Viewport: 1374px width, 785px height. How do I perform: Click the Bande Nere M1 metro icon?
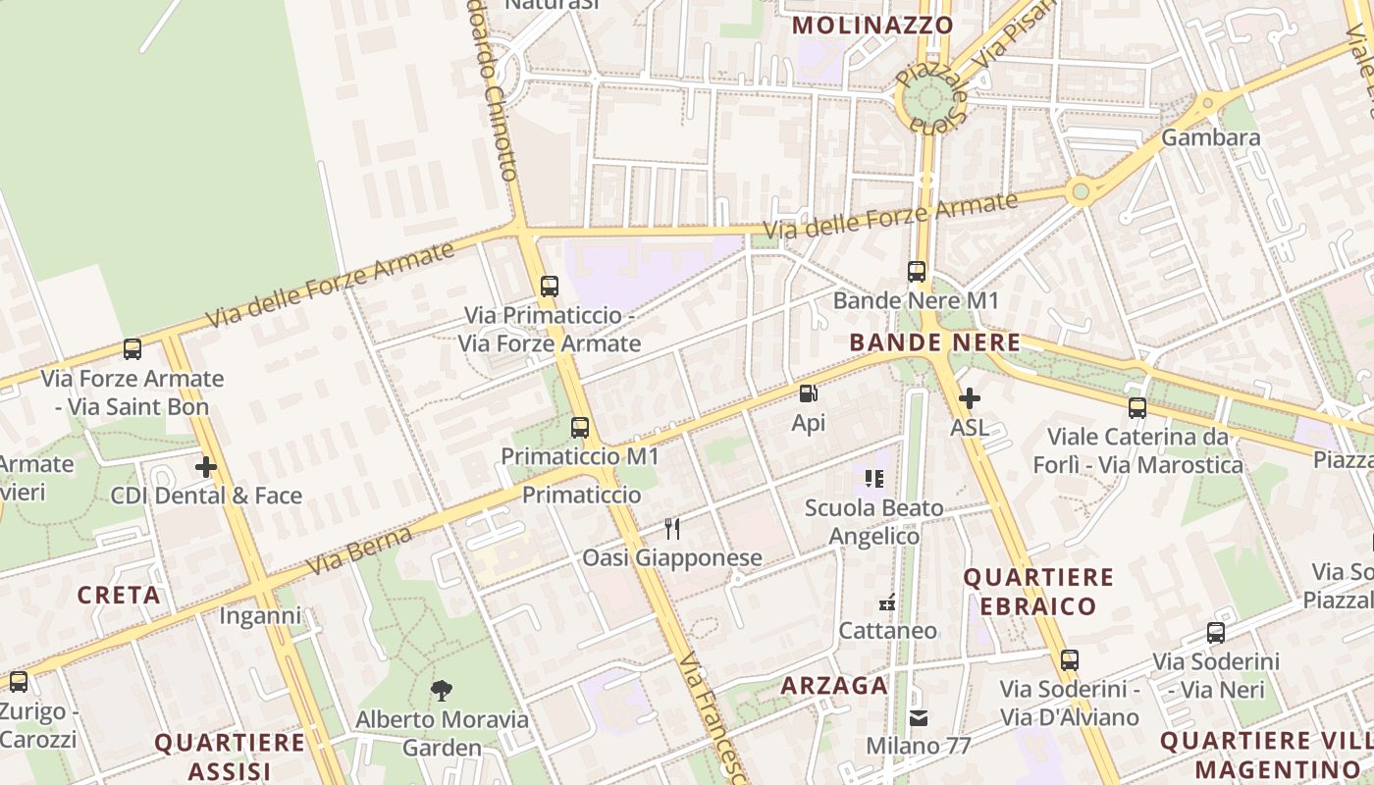pyautogui.click(x=917, y=272)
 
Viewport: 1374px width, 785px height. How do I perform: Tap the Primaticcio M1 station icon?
pyautogui.click(x=580, y=428)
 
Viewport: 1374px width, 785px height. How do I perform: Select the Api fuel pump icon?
pyautogui.click(x=809, y=394)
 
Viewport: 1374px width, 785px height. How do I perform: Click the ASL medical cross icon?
pyautogui.click(x=970, y=398)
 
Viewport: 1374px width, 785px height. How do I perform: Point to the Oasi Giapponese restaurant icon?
pyautogui.click(x=672, y=529)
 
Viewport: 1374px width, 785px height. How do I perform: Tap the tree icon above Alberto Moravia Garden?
pyautogui.click(x=442, y=691)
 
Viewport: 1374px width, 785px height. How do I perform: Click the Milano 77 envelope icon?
pyautogui.click(x=918, y=718)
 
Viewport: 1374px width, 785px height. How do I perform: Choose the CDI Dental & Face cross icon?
pyautogui.click(x=206, y=467)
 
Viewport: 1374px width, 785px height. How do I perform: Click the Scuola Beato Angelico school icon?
pyautogui.click(x=874, y=479)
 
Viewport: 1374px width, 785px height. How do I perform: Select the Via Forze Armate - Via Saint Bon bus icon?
pyautogui.click(x=132, y=349)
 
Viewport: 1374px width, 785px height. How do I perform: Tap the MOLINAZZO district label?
pyautogui.click(x=872, y=26)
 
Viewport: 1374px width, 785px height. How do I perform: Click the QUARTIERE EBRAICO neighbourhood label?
pyautogui.click(x=1038, y=592)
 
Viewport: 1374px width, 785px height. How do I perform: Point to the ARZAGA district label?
pyautogui.click(x=834, y=686)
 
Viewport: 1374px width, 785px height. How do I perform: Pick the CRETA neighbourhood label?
pyautogui.click(x=119, y=595)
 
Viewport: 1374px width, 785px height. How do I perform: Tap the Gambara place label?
pyautogui.click(x=1210, y=137)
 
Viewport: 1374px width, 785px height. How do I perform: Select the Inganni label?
pyautogui.click(x=260, y=616)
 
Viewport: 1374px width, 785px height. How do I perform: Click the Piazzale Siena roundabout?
pyautogui.click(x=928, y=97)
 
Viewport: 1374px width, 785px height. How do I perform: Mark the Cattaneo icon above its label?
pyautogui.click(x=888, y=603)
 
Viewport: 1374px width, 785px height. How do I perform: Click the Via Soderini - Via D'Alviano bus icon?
pyautogui.click(x=1070, y=660)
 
